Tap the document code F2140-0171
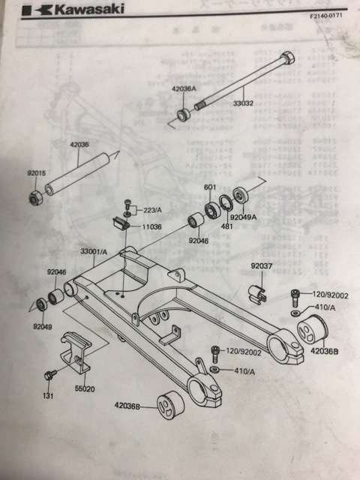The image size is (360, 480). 328,14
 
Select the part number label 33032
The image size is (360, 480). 242,103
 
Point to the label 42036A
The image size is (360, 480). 184,88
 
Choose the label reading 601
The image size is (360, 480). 209,187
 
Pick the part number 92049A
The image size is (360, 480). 244,218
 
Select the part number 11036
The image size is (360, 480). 154,224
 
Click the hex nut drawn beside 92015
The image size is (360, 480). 35,197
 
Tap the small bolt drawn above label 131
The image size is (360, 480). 51,374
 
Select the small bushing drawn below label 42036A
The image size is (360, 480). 183,115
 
